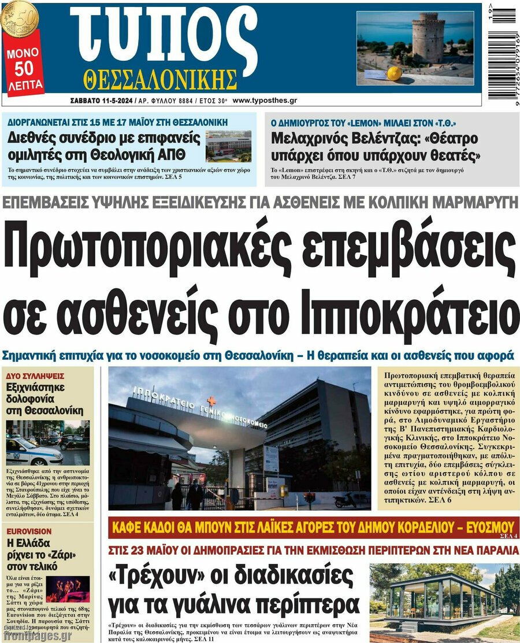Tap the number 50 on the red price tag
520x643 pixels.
click(24, 69)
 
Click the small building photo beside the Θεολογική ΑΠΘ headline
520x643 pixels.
click(228, 146)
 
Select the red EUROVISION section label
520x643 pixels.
click(29, 531)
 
